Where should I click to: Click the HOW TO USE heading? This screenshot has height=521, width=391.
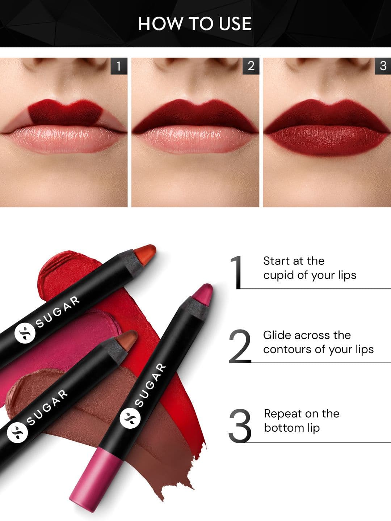click(195, 24)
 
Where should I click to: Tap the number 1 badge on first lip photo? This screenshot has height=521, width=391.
click(118, 66)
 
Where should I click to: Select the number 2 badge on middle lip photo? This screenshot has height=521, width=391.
click(251, 66)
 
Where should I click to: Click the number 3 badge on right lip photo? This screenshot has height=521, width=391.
click(383, 66)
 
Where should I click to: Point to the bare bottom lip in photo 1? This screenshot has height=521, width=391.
click(65, 139)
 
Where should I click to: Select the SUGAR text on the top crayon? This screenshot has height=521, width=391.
click(58, 312)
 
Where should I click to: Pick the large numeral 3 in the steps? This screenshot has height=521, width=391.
click(240, 426)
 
